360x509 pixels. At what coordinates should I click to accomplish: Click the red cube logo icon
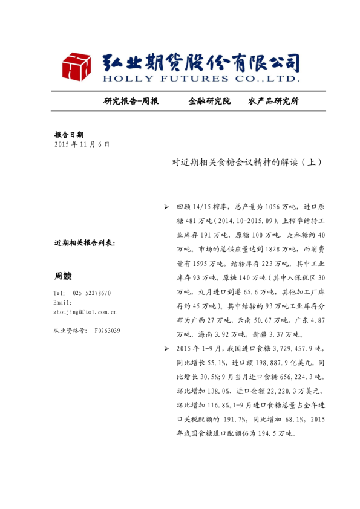(x=75, y=66)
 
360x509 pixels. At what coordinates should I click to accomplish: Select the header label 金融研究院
(x=209, y=101)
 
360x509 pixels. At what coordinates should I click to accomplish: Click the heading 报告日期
(x=68, y=135)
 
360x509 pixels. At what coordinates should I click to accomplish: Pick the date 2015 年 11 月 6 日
(x=82, y=145)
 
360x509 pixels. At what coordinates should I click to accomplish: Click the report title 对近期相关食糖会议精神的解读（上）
(x=246, y=163)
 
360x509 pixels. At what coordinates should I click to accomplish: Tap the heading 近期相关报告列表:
(x=84, y=243)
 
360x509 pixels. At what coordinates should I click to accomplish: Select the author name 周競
(x=63, y=276)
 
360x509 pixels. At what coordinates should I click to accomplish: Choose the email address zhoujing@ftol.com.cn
(x=85, y=312)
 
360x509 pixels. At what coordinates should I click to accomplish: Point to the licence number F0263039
(x=107, y=331)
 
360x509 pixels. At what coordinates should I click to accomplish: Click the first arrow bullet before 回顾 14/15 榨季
(x=166, y=207)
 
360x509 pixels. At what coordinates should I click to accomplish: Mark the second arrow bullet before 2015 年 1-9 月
(x=166, y=349)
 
